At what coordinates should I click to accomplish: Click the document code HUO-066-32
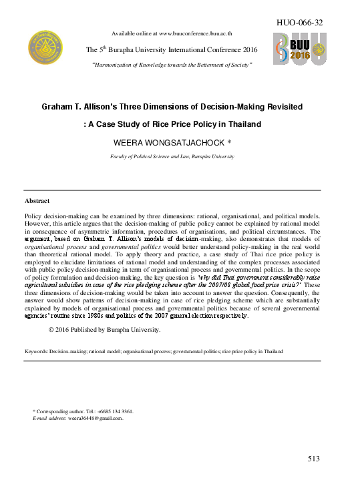(300, 23)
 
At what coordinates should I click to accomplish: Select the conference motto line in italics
(172, 65)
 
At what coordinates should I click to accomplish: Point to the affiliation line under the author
(172, 156)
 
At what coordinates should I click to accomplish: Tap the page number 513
(315, 459)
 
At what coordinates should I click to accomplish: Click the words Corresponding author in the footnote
(61, 411)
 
